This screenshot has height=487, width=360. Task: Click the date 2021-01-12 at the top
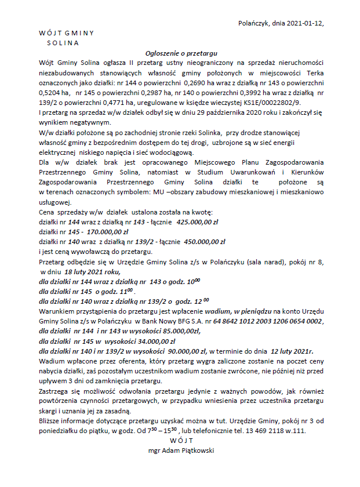point(304,23)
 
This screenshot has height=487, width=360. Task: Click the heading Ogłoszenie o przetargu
point(180,53)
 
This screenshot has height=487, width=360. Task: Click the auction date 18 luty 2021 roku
point(92,271)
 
